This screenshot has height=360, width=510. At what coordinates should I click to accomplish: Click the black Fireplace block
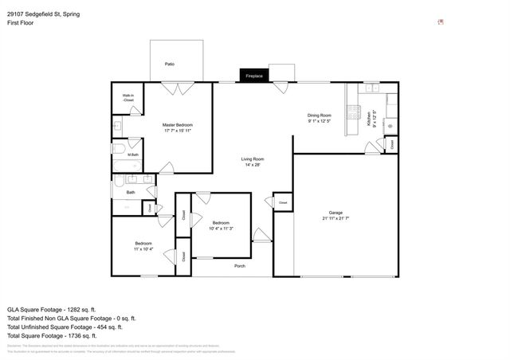pyautogui.click(x=254, y=76)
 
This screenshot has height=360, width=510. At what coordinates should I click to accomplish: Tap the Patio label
pyautogui.click(x=169, y=64)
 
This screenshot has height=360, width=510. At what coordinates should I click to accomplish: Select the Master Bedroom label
pyautogui.click(x=177, y=125)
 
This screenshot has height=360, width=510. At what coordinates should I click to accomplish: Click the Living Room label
pyautogui.click(x=253, y=159)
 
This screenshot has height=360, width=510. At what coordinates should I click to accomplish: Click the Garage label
pyautogui.click(x=336, y=213)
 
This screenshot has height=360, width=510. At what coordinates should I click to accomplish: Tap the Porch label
pyautogui.click(x=239, y=266)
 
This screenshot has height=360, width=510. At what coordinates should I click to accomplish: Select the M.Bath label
pyautogui.click(x=132, y=155)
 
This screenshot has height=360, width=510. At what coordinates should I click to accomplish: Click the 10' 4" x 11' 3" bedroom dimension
pyautogui.click(x=221, y=229)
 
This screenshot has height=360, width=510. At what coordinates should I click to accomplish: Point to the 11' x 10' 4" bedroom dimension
pyautogui.click(x=143, y=249)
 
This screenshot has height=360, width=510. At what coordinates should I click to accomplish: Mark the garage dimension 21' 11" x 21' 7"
pyautogui.click(x=336, y=218)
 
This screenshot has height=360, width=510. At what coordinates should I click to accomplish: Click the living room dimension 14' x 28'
pyautogui.click(x=253, y=165)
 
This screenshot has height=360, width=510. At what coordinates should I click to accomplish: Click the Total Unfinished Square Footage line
pyautogui.click(x=65, y=327)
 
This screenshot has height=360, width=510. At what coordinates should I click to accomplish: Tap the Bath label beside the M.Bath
pyautogui.click(x=130, y=192)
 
